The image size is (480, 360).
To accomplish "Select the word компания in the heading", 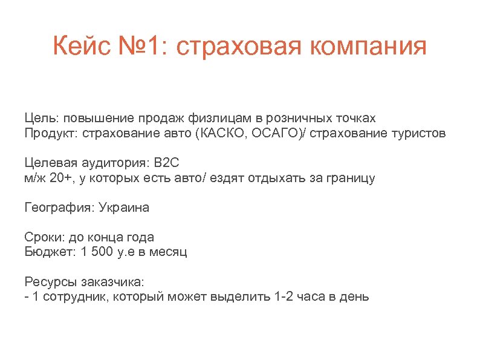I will coord(363,47).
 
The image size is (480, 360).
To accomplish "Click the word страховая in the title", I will coord(235,47).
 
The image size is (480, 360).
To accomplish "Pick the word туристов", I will coord(420,133).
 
